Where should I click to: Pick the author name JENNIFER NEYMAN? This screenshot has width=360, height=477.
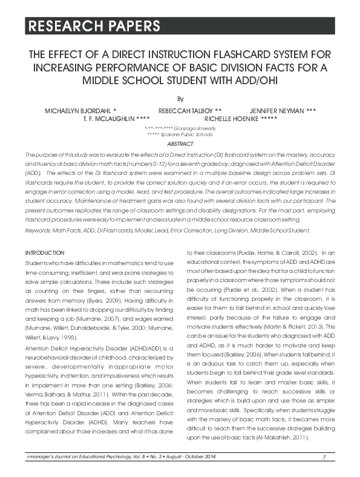(x=282, y=111)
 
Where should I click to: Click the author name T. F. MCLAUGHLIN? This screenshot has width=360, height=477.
(x=116, y=119)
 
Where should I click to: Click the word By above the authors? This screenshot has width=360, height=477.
(x=179, y=98)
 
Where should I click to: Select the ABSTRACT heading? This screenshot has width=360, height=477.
(x=180, y=144)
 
